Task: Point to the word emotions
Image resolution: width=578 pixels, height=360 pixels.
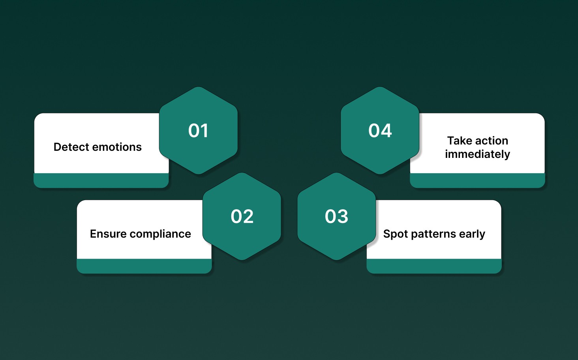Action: pyautogui.click(x=117, y=147)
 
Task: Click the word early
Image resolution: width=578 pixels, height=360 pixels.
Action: pyautogui.click(x=472, y=234)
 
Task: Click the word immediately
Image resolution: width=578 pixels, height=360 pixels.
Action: pyautogui.click(x=477, y=154)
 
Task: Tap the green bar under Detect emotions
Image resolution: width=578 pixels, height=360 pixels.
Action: pyautogui.click(x=101, y=180)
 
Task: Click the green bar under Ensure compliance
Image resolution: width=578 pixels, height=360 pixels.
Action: pyautogui.click(x=144, y=266)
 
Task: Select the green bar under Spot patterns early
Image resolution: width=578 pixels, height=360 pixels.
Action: pyautogui.click(x=434, y=266)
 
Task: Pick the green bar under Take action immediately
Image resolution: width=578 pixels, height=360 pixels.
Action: pyautogui.click(x=477, y=180)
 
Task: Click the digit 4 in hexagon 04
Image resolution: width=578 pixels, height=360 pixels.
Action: pyautogui.click(x=386, y=131)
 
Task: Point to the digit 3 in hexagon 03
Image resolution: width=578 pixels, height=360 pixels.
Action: pyautogui.click(x=343, y=216)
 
